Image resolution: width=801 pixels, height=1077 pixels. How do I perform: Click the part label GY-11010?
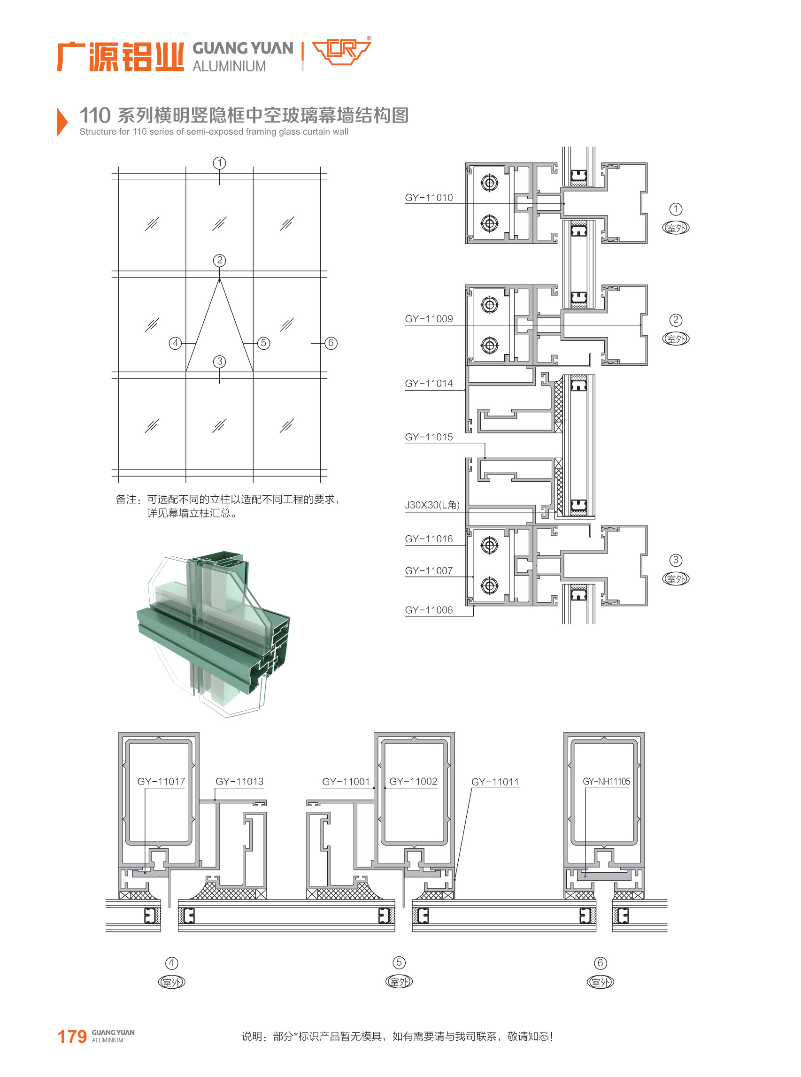point(429,197)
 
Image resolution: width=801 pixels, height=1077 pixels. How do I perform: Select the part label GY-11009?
point(429,318)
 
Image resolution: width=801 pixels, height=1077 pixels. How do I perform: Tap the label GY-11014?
point(429,383)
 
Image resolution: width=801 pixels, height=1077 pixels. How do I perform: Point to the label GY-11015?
point(429,437)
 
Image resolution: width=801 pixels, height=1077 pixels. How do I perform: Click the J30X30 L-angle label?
point(432,505)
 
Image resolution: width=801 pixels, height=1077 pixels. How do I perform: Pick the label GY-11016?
point(429,538)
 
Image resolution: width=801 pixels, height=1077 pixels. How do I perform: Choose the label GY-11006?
point(429,610)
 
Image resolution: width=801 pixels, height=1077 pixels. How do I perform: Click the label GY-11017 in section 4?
point(161,781)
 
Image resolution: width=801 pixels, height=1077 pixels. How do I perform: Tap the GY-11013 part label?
point(239,781)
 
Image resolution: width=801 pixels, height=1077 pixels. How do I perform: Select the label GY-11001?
point(346,781)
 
